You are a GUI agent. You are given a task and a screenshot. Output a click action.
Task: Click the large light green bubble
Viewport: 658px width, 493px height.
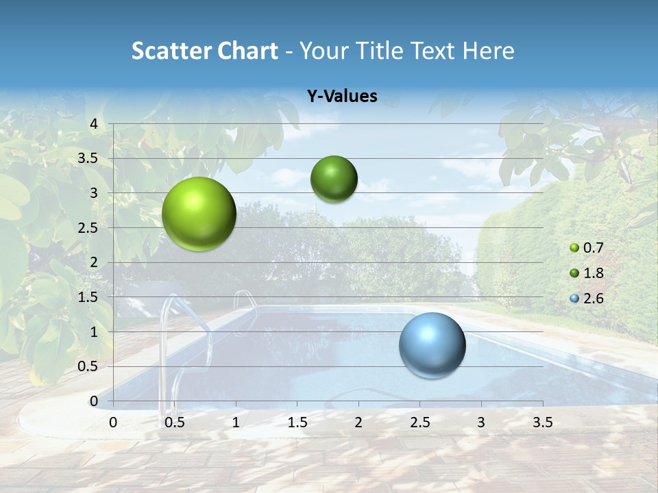click(x=199, y=214)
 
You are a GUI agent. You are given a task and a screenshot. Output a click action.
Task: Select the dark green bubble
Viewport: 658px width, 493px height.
click(x=334, y=179)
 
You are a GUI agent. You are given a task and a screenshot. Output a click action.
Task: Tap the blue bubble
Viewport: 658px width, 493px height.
click(x=432, y=345)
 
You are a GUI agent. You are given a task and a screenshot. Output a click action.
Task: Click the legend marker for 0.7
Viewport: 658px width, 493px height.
click(x=574, y=248)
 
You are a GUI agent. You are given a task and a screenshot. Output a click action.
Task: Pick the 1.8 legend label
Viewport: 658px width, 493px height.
click(x=593, y=273)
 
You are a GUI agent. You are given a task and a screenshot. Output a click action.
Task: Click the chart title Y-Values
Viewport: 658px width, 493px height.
click(x=342, y=97)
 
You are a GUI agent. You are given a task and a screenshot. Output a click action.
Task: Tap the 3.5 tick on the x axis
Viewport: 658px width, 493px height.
click(x=542, y=422)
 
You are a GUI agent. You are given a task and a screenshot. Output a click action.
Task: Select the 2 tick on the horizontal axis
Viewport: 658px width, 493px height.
click(x=358, y=422)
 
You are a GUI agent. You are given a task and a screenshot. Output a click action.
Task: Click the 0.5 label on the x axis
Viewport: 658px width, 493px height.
click(x=175, y=422)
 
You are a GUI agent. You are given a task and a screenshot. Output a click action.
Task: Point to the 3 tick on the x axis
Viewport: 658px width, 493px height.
click(x=480, y=422)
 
